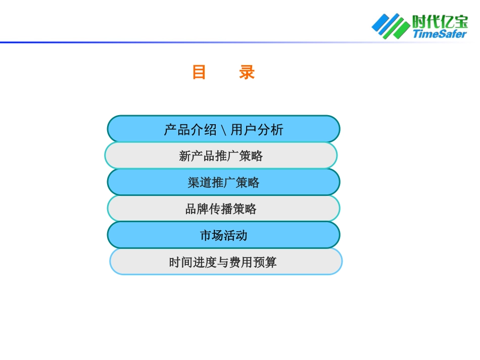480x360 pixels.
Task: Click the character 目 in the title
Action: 199,73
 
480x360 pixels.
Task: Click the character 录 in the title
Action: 247,73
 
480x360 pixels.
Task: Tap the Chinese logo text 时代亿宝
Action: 440,22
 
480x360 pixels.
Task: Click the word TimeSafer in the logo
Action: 439,34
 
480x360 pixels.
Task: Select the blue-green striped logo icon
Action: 391,26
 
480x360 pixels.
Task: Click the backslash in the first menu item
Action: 223,130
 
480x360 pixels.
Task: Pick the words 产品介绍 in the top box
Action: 190,130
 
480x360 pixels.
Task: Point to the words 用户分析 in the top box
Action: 257,130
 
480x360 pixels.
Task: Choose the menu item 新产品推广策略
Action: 221,156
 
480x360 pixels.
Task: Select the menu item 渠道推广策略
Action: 223,182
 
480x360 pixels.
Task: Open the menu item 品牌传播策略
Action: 221,209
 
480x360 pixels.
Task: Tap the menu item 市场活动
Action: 223,235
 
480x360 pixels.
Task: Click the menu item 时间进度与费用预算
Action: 223,263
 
